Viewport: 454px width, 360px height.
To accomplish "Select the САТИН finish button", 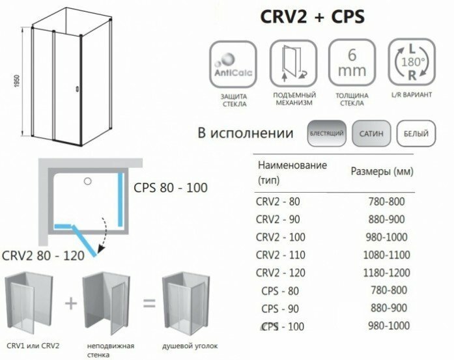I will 371,135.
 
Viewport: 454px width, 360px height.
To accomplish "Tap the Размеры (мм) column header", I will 382,171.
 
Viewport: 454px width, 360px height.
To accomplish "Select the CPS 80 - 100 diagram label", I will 170,188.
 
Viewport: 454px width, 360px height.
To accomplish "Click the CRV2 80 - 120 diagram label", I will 43,256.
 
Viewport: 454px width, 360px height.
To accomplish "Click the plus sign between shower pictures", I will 71,304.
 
